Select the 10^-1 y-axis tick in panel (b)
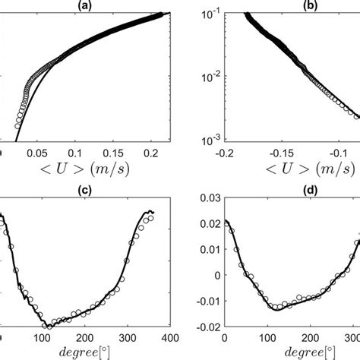coord(209,14)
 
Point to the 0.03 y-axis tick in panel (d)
coord(209,198)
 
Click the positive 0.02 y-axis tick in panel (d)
coord(209,224)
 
